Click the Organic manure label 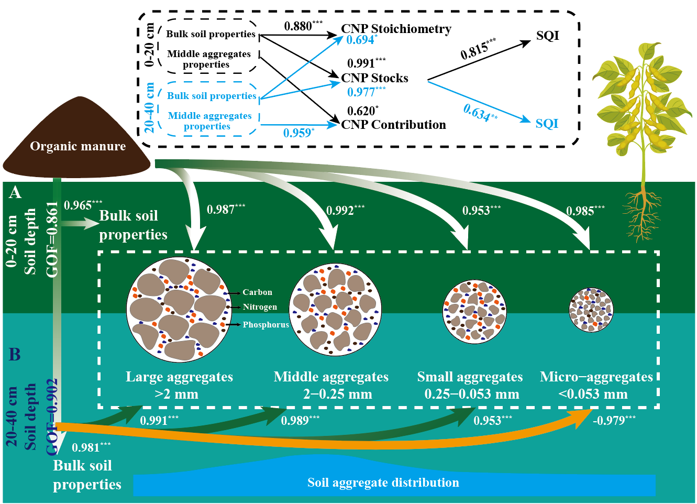(x=78, y=146)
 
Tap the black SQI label (x=547, y=36)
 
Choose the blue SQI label (x=547, y=124)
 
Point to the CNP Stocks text (x=374, y=78)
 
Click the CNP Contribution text (x=393, y=125)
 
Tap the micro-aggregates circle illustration (x=591, y=310)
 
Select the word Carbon (x=257, y=292)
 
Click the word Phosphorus (x=265, y=325)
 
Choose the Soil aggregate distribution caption (x=383, y=483)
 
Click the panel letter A (x=15, y=193)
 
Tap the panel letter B (x=15, y=355)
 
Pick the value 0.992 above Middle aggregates (x=345, y=211)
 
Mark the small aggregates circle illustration (x=474, y=311)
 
